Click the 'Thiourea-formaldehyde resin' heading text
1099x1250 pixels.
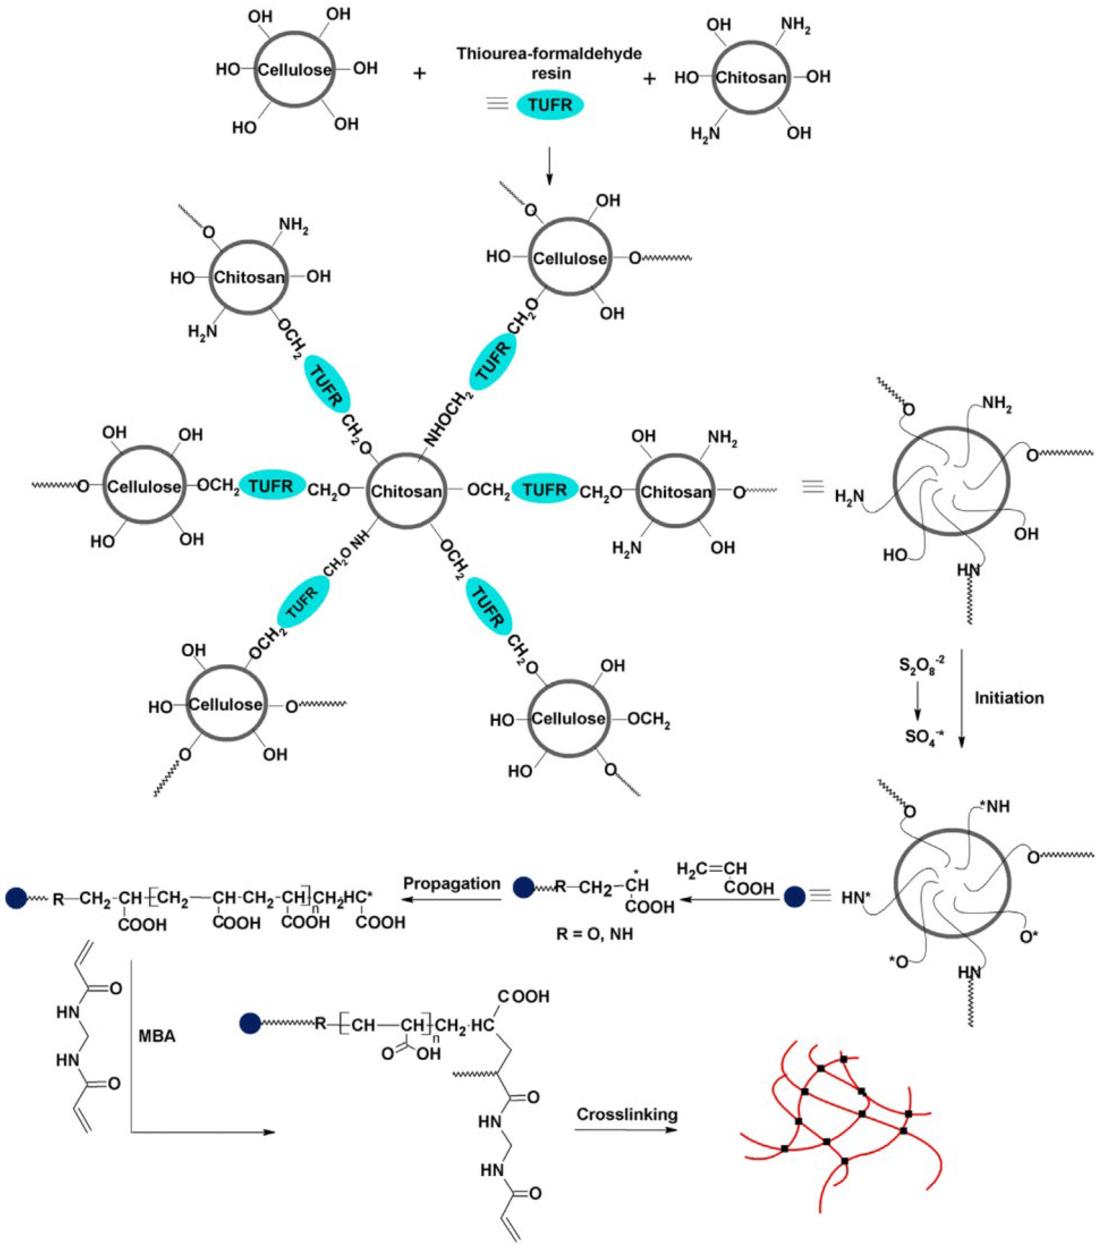click(x=549, y=63)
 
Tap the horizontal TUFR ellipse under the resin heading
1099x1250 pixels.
click(x=550, y=105)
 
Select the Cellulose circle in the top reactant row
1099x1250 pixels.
click(x=294, y=69)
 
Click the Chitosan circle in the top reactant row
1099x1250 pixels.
click(x=751, y=77)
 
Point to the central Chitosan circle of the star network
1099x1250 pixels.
click(x=406, y=490)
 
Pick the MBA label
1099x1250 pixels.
click(x=157, y=1036)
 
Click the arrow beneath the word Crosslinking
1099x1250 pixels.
click(x=626, y=1129)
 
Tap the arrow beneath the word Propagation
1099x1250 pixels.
click(x=451, y=899)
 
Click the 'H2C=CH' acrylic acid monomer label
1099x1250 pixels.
click(x=711, y=868)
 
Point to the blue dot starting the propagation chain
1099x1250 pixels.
click(x=16, y=898)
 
